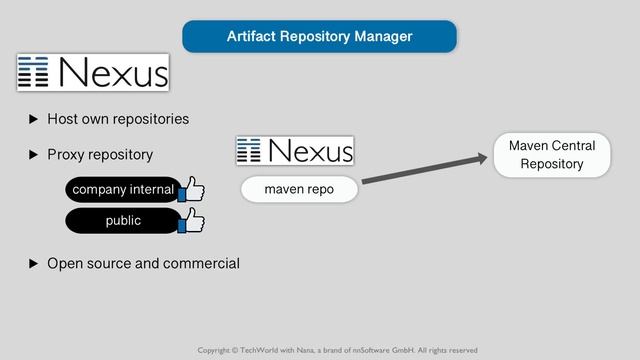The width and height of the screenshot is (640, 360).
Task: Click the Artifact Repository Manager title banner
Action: [x=319, y=36]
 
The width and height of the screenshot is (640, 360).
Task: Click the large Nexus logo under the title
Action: [x=92, y=72]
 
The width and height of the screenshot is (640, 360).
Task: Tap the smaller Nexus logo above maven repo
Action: [x=295, y=151]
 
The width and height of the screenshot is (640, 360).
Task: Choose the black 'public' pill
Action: [x=122, y=220]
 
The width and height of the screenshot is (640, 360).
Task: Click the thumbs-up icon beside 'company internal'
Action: [x=190, y=188]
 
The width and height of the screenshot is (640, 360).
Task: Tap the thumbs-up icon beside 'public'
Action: [x=190, y=220]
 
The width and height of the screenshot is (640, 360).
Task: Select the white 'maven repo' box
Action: [x=299, y=189]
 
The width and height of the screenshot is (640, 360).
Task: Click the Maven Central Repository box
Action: [x=551, y=155]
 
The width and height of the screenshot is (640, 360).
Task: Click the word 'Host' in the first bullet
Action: [x=63, y=119]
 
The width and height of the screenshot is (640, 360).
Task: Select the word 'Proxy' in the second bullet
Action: [x=66, y=155]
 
